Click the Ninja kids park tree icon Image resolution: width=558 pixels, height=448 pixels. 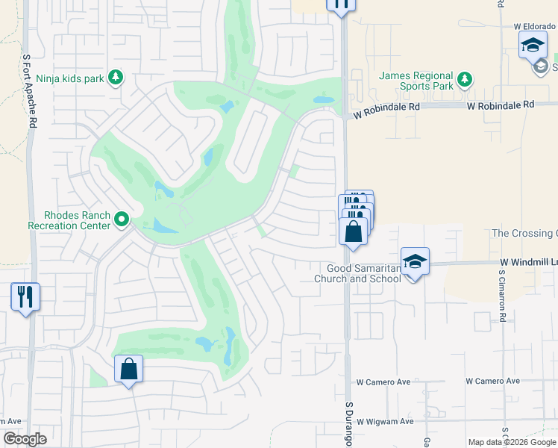click(x=116, y=77)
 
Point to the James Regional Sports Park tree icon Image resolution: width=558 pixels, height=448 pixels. click(x=464, y=79)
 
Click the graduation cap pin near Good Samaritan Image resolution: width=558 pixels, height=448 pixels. click(x=416, y=261)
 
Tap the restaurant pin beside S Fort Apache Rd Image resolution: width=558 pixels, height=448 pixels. click(x=25, y=296)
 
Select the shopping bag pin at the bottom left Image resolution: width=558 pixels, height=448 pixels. click(x=128, y=368)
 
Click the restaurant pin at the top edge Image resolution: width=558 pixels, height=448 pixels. click(x=341, y=4)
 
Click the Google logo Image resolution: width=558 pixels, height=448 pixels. click(x=25, y=439)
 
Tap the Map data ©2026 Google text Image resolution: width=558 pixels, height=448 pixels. click(x=512, y=442)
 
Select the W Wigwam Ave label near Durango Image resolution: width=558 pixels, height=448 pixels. click(x=384, y=422)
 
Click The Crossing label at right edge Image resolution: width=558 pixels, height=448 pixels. click(x=524, y=234)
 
